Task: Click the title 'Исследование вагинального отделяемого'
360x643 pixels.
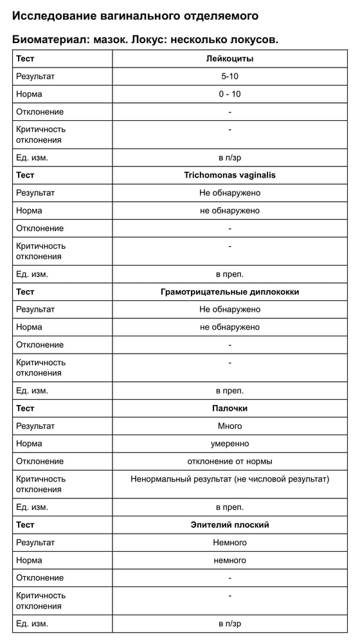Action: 135,15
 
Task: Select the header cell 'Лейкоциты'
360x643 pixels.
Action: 230,59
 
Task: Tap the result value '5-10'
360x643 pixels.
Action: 230,77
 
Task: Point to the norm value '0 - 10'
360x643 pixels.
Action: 230,94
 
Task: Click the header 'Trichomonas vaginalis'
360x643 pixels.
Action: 230,175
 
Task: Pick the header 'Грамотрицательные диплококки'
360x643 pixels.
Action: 230,292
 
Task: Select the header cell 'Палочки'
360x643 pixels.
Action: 230,408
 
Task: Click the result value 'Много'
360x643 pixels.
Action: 230,426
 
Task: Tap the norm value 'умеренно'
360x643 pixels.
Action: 230,444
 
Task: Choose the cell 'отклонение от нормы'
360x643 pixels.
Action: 230,461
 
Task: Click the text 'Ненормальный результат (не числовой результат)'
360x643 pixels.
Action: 230,479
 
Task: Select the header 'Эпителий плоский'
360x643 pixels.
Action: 230,525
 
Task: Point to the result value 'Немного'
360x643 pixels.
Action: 230,543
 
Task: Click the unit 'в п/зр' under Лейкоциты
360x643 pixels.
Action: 230,158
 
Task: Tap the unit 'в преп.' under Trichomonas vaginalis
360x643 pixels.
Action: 230,274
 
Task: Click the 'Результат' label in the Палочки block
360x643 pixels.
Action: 35,426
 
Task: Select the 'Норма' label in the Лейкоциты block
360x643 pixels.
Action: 29,94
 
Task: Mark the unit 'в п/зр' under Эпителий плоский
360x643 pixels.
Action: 230,624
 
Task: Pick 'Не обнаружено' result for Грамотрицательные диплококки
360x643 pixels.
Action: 230,309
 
